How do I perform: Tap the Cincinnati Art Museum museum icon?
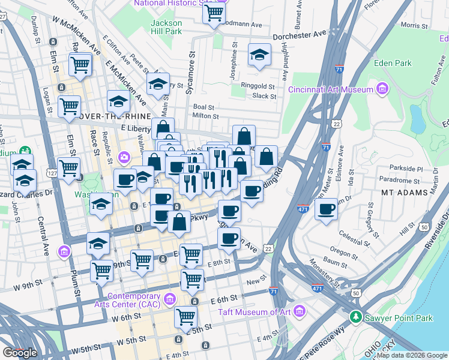click(382, 90)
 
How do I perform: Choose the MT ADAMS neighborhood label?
click(405, 193)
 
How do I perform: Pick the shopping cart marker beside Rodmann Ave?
click(213, 13)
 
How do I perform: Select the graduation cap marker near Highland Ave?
click(259, 56)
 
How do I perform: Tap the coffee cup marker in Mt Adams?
click(326, 209)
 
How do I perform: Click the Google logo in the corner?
click(20, 353)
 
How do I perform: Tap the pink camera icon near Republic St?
click(124, 157)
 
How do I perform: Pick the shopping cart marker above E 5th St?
click(185, 316)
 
